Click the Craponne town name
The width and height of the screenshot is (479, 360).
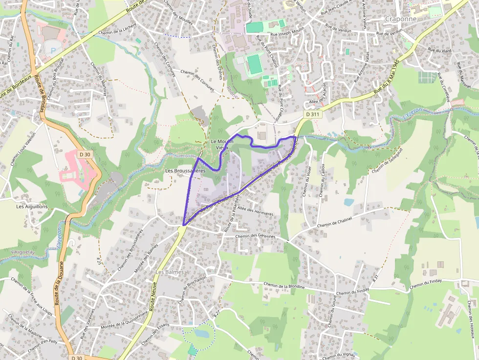pos(400,19)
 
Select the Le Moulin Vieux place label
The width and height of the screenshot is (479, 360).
pos(222,144)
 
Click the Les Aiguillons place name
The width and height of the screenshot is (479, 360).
pos(32,207)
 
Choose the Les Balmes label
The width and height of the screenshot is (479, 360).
pos(170,272)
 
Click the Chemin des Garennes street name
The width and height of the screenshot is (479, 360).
pos(255,236)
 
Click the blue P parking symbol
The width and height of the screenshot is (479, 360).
pos(53,50)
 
